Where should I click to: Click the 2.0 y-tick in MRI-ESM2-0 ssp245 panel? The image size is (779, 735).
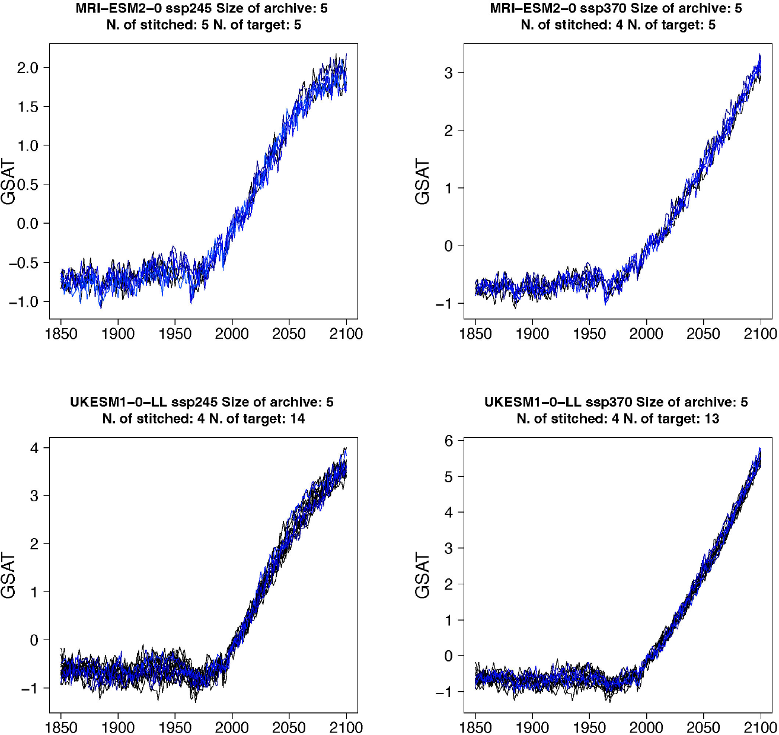click(27, 68)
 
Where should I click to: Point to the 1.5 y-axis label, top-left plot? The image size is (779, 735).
click(27, 107)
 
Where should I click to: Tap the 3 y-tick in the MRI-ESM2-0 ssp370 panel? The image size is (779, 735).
click(449, 73)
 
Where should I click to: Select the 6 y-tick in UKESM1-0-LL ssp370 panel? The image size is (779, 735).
click(449, 441)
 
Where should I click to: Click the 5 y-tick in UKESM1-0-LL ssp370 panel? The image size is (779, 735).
click(449, 476)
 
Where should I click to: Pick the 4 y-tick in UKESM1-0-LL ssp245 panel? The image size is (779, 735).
click(35, 448)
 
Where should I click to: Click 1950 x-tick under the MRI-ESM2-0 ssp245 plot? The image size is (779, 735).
click(175, 334)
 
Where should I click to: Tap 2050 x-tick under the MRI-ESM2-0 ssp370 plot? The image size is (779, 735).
click(703, 334)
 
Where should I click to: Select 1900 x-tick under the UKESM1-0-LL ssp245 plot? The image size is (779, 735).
click(118, 727)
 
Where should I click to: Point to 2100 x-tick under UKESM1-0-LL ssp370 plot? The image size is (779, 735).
click(760, 727)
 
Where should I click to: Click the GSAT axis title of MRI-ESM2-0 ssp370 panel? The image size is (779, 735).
click(422, 182)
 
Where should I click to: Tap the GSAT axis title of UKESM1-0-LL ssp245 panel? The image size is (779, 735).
click(8, 575)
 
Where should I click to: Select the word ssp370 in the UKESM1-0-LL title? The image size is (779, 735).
click(609, 402)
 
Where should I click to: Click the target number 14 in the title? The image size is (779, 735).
click(297, 419)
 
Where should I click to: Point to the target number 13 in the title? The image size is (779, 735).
click(711, 419)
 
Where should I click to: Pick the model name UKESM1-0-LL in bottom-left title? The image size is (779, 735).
click(118, 402)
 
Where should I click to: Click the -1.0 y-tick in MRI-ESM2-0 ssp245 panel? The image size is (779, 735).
click(24, 302)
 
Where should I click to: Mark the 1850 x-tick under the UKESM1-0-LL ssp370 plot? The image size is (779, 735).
click(475, 727)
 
